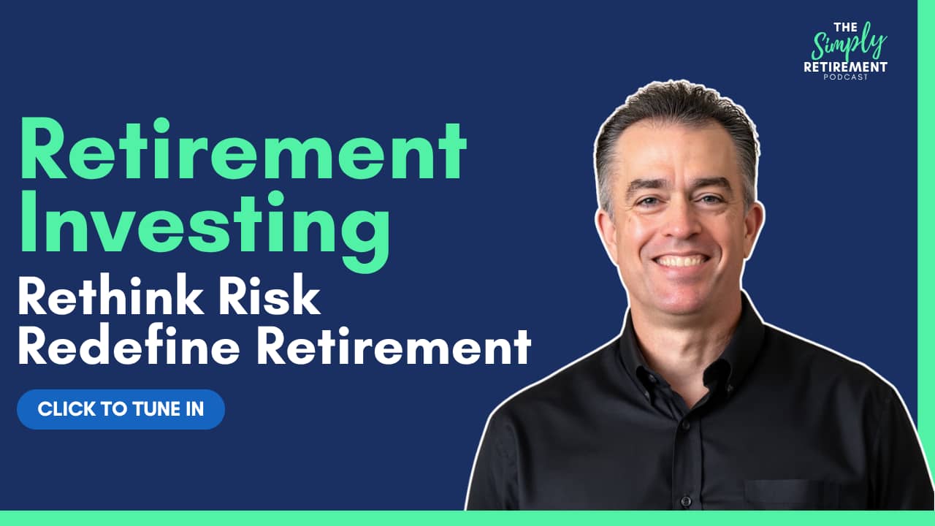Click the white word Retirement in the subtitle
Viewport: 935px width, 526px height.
pyautogui.click(x=394, y=346)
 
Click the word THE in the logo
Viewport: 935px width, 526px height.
pyautogui.click(x=845, y=28)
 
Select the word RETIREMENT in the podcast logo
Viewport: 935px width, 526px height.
pyautogui.click(x=845, y=66)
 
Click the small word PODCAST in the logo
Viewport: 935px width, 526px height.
pyautogui.click(x=845, y=77)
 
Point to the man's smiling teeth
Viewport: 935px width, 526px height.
pyautogui.click(x=682, y=262)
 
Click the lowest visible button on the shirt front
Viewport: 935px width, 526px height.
pyautogui.click(x=686, y=500)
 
